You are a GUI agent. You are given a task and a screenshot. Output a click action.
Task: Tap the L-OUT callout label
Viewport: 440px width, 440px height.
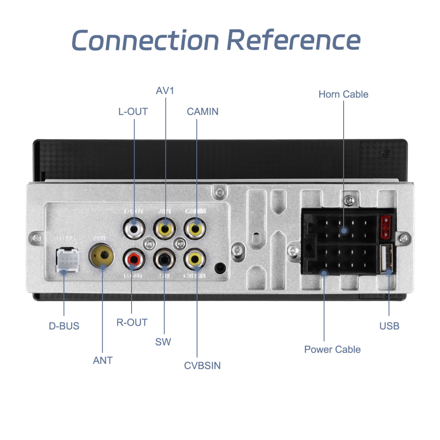[x=133, y=111]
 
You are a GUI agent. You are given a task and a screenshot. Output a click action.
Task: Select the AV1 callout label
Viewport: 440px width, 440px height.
[x=165, y=91]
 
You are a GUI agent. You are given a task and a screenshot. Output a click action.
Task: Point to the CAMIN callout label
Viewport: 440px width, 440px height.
[x=202, y=111]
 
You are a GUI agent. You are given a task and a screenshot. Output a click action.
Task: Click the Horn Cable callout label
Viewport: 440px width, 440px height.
[x=343, y=94]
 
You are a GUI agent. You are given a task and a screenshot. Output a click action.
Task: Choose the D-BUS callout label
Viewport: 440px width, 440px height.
[x=64, y=326]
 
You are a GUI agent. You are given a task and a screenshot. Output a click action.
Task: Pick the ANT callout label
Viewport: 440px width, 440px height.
[x=103, y=360]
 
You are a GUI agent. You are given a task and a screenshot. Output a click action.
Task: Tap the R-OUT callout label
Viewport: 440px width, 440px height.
[x=132, y=323]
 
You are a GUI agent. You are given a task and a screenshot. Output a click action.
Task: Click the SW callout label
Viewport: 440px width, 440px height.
[x=163, y=342]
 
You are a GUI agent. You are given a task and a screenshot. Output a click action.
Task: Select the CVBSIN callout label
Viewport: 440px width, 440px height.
[x=202, y=365]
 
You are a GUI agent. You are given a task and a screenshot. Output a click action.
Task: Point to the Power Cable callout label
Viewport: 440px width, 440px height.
[x=332, y=349]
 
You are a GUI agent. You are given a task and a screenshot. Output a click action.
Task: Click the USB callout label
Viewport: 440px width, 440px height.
[x=389, y=326]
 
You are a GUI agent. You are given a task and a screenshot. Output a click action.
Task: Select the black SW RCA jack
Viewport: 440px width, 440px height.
[x=164, y=260]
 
